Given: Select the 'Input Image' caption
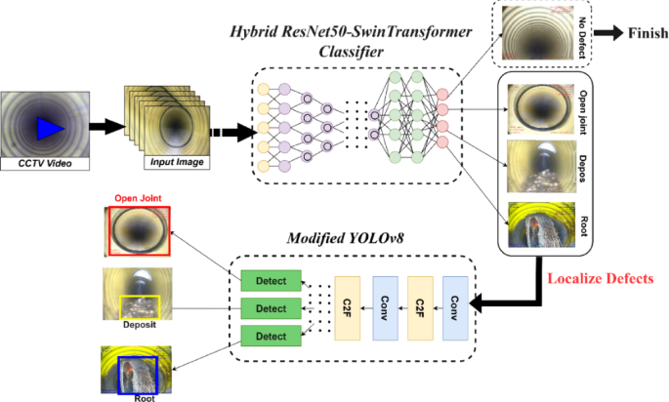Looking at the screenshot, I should coord(176,161).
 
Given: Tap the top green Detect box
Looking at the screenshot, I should coord(272,282).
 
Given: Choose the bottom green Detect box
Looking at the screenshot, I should coord(272,337).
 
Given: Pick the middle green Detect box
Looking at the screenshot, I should coord(272,309).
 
